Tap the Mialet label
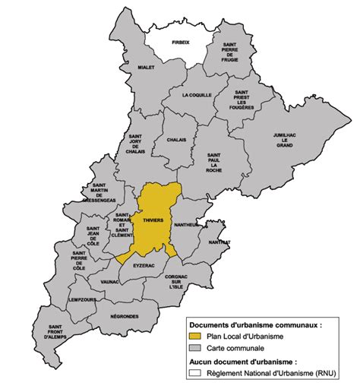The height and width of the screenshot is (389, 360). (147, 67)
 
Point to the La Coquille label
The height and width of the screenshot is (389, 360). (197, 95)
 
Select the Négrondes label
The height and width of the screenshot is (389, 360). (124, 316)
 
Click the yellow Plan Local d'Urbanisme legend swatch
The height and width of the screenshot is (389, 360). (195, 336)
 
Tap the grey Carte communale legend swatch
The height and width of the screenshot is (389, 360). (195, 348)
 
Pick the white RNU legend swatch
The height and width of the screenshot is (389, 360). (195, 372)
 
